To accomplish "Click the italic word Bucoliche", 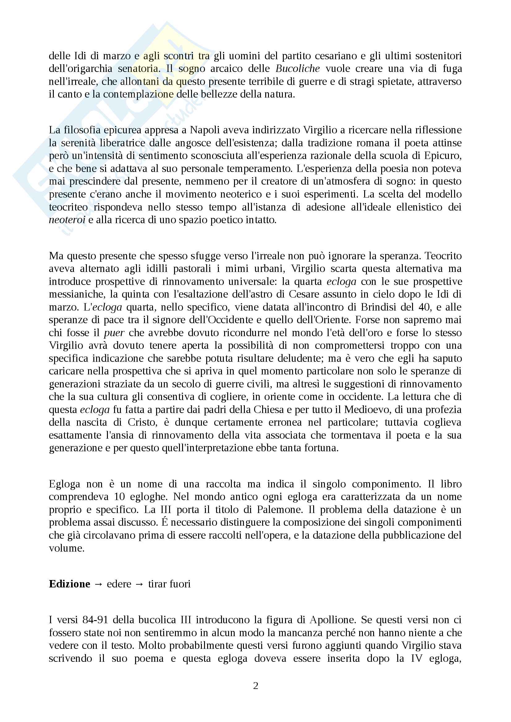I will (297, 69).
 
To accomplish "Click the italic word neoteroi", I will (67, 220).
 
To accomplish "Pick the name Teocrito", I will (443, 256).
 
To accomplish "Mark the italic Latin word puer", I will (114, 333).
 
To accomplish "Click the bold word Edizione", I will (70, 584).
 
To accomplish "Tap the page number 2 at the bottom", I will (256, 686).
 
